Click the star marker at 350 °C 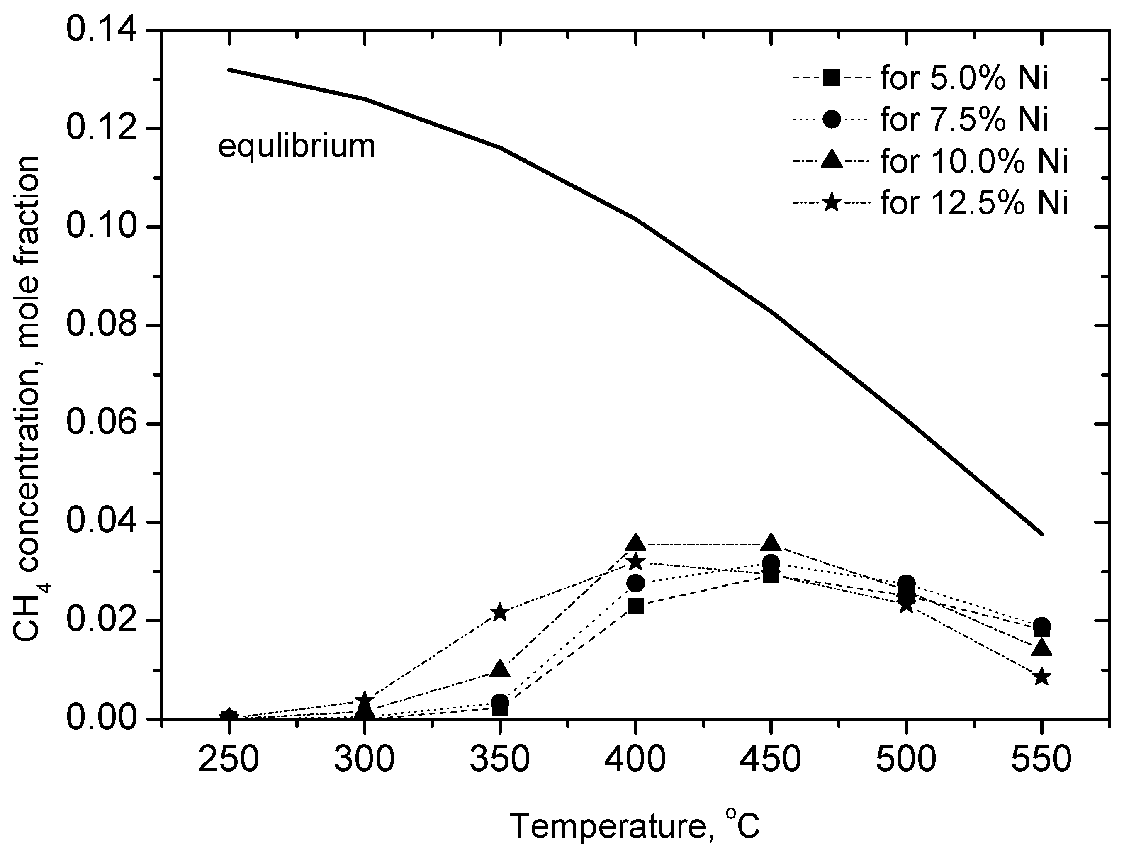click(500, 612)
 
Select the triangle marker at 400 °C click(635, 543)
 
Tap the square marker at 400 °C click(635, 606)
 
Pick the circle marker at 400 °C click(635, 582)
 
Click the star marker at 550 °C click(1041, 677)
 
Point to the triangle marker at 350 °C click(500, 669)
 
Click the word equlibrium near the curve click(297, 147)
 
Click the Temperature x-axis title click(635, 826)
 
